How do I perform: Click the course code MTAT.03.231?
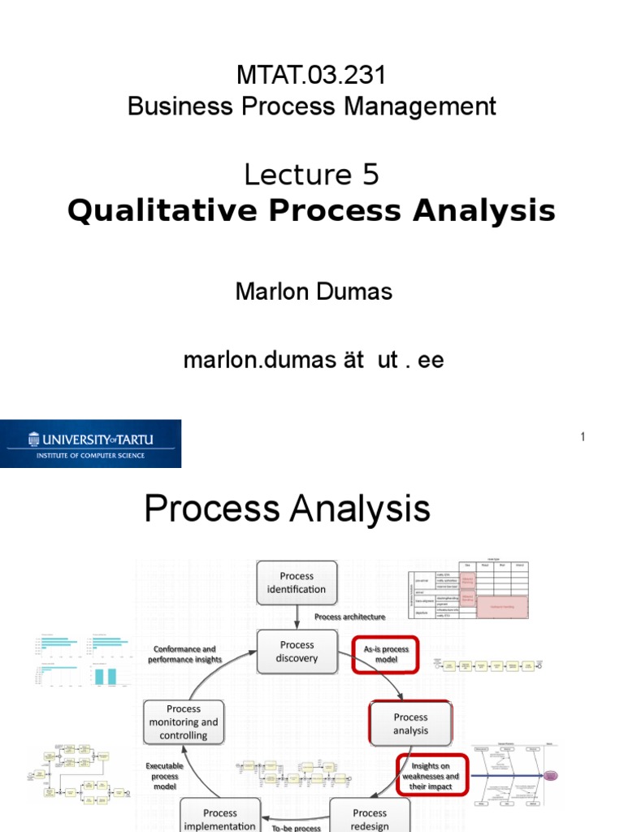[312, 76]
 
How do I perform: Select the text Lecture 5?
[312, 175]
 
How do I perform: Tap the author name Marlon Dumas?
[314, 292]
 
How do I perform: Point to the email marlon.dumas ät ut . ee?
[314, 360]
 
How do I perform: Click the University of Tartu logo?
[90, 444]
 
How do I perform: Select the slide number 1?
[583, 438]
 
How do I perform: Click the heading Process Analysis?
[287, 509]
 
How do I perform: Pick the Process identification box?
[297, 583]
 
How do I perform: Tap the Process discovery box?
[297, 652]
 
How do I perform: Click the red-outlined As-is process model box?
[385, 654]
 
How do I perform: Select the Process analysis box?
[410, 723]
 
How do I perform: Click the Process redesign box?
[370, 817]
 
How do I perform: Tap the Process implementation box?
[219, 818]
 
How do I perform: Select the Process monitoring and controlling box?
[184, 721]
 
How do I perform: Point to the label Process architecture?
[349, 617]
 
